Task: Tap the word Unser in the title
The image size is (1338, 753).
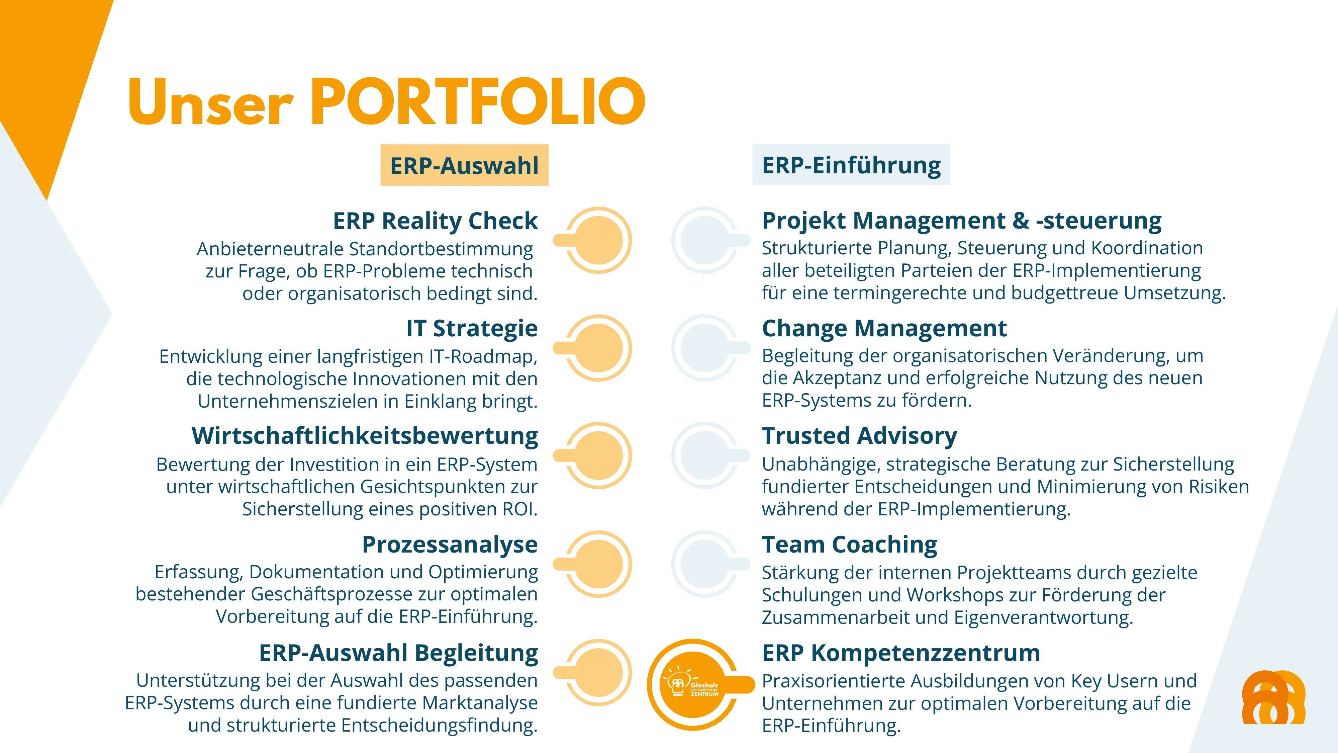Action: (211, 102)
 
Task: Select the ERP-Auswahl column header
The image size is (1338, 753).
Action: (464, 165)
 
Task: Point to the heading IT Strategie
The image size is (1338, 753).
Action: (472, 328)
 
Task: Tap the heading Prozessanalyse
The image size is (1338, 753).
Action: (450, 544)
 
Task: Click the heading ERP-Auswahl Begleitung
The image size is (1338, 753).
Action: (398, 653)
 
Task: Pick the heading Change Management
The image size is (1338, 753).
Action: (884, 328)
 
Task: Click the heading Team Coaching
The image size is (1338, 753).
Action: (849, 544)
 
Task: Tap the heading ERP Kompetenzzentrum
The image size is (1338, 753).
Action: (901, 653)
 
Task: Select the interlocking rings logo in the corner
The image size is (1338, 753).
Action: (1273, 697)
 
